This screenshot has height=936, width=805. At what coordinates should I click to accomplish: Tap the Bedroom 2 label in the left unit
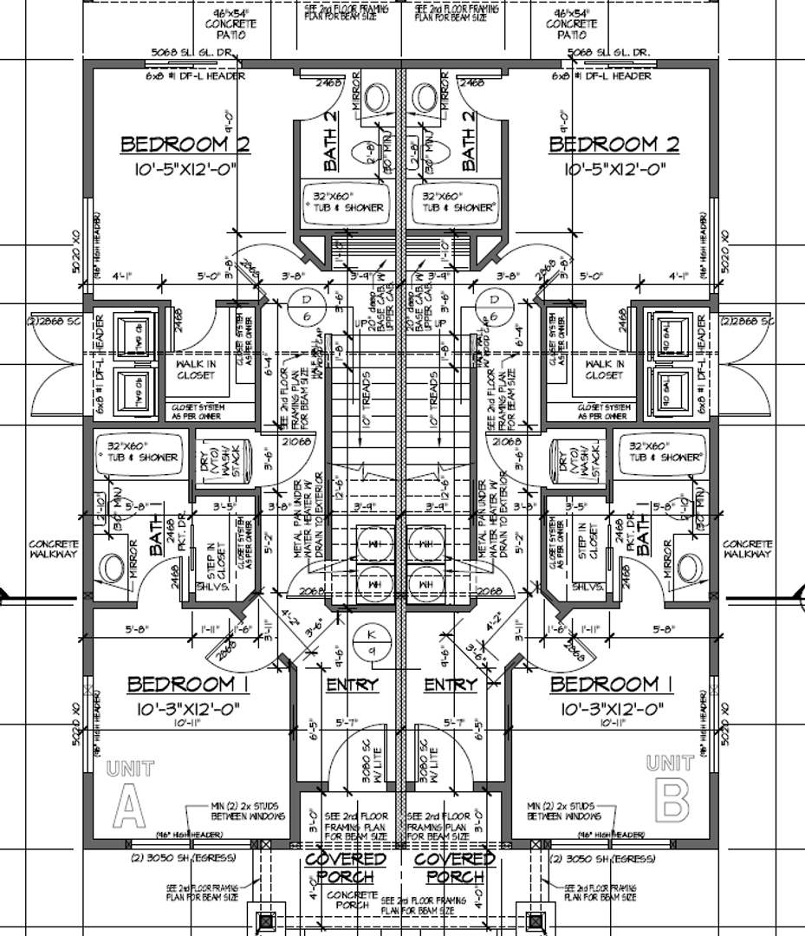coord(185,144)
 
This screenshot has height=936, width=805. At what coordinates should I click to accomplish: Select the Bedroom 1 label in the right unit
coord(615,685)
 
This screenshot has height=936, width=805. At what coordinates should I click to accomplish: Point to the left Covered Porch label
coord(346,867)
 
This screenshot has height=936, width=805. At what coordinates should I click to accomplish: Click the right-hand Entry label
coord(451,685)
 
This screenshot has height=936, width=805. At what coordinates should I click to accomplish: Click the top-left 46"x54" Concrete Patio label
coord(236,24)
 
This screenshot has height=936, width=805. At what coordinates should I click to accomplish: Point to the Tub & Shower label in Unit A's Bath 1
coord(143,452)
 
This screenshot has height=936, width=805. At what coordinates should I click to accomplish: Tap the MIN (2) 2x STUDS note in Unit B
coord(563,811)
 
